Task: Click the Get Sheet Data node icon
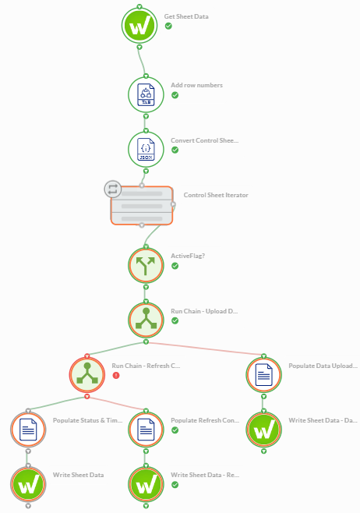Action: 139,26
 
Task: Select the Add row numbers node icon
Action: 146,94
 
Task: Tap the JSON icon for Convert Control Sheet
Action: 146,149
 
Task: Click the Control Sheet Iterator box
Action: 142,206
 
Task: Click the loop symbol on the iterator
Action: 113,189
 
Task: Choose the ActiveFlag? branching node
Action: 146,265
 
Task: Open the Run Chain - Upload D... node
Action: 146,320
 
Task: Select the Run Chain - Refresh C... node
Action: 87,374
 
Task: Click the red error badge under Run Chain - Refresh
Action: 116,375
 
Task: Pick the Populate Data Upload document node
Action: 263,374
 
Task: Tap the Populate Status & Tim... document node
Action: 28,430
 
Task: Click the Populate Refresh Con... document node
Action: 146,430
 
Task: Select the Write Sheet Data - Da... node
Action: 263,430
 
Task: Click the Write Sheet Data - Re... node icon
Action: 146,484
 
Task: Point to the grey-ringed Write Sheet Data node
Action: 28,484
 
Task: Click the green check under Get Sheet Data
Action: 168,26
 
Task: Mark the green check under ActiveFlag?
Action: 175,266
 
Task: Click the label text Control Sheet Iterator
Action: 216,195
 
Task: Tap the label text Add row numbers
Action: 196,85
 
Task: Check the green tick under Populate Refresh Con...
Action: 175,430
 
